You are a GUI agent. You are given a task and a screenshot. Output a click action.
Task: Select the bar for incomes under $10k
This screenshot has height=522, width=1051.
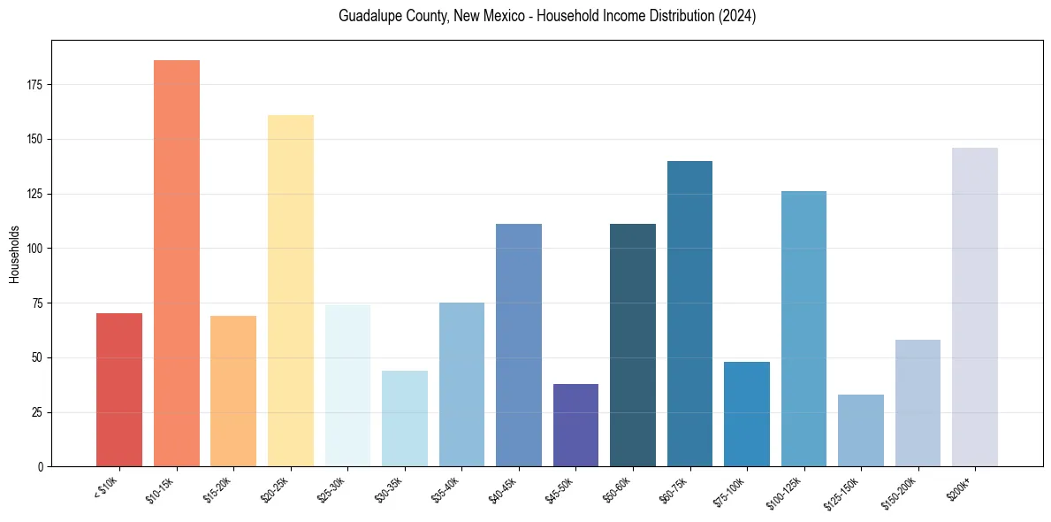119,389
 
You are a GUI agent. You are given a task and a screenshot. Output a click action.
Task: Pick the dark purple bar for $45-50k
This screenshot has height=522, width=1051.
575,425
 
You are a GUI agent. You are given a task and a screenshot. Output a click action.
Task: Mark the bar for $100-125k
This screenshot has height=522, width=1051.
803,328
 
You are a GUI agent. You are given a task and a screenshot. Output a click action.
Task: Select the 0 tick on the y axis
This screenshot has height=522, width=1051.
41,466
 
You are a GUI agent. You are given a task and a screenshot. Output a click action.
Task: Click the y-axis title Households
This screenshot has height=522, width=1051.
14,253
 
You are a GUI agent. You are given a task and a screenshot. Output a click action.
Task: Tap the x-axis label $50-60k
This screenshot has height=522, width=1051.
618,489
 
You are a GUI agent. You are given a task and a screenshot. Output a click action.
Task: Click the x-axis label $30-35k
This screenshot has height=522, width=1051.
389,489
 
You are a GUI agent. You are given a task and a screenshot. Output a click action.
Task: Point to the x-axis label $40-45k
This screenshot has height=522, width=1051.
503,489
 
